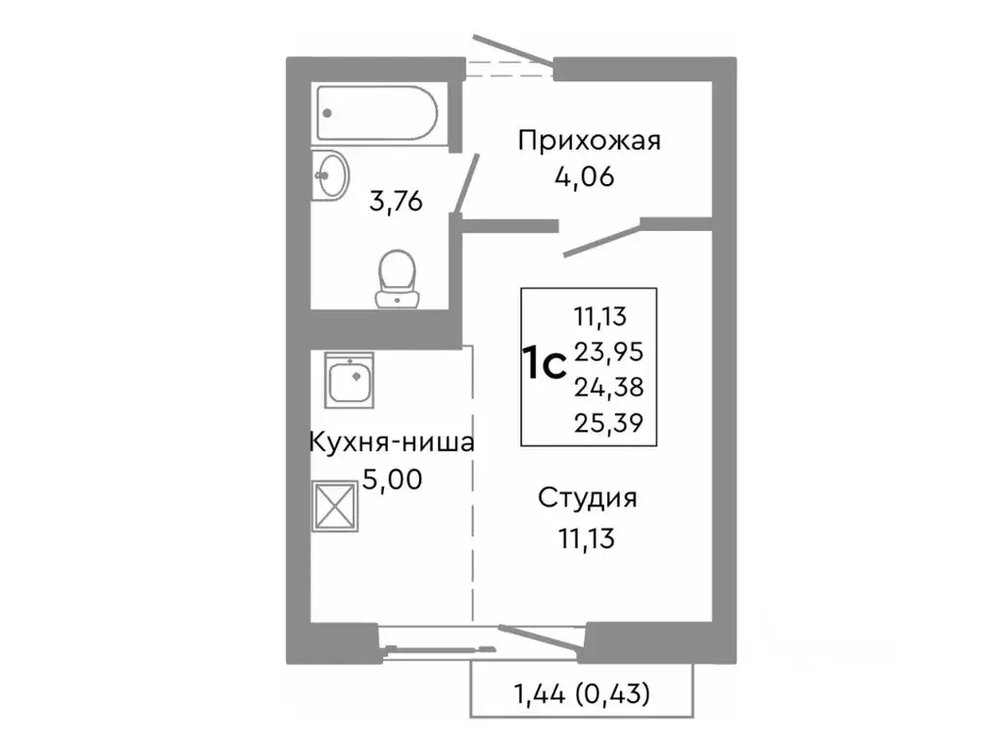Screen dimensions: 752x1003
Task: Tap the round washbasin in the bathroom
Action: (x=331, y=176)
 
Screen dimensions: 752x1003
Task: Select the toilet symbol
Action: (x=397, y=277)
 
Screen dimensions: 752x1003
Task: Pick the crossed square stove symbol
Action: (x=336, y=506)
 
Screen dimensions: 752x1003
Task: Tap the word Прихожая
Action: (x=589, y=141)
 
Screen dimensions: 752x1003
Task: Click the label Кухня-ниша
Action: (x=391, y=443)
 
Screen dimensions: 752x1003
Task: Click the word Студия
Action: (x=587, y=497)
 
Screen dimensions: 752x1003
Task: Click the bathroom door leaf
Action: (x=464, y=183)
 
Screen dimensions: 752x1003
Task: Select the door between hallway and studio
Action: (x=602, y=239)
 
